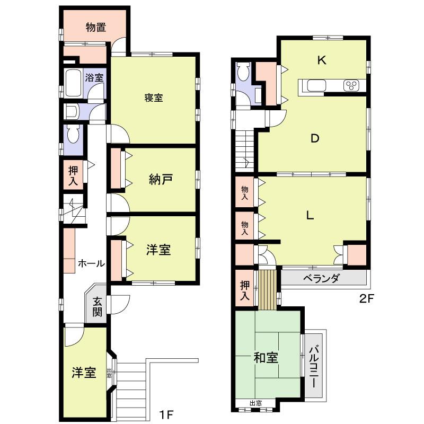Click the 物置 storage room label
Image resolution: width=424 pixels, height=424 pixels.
pos(96,28)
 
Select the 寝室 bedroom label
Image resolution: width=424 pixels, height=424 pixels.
pos(154,98)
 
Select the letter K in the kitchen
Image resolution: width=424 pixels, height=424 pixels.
pos(321,60)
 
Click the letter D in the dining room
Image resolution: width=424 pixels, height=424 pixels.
pos(314,139)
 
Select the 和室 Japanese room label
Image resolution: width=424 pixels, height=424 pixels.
pos(266,358)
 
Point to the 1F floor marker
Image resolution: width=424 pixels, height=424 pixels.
pos(166,413)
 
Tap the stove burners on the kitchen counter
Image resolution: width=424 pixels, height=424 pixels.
pos(351,85)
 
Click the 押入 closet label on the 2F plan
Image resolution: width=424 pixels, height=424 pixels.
pos(244,290)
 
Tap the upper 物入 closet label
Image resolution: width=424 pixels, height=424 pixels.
pos(244,192)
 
